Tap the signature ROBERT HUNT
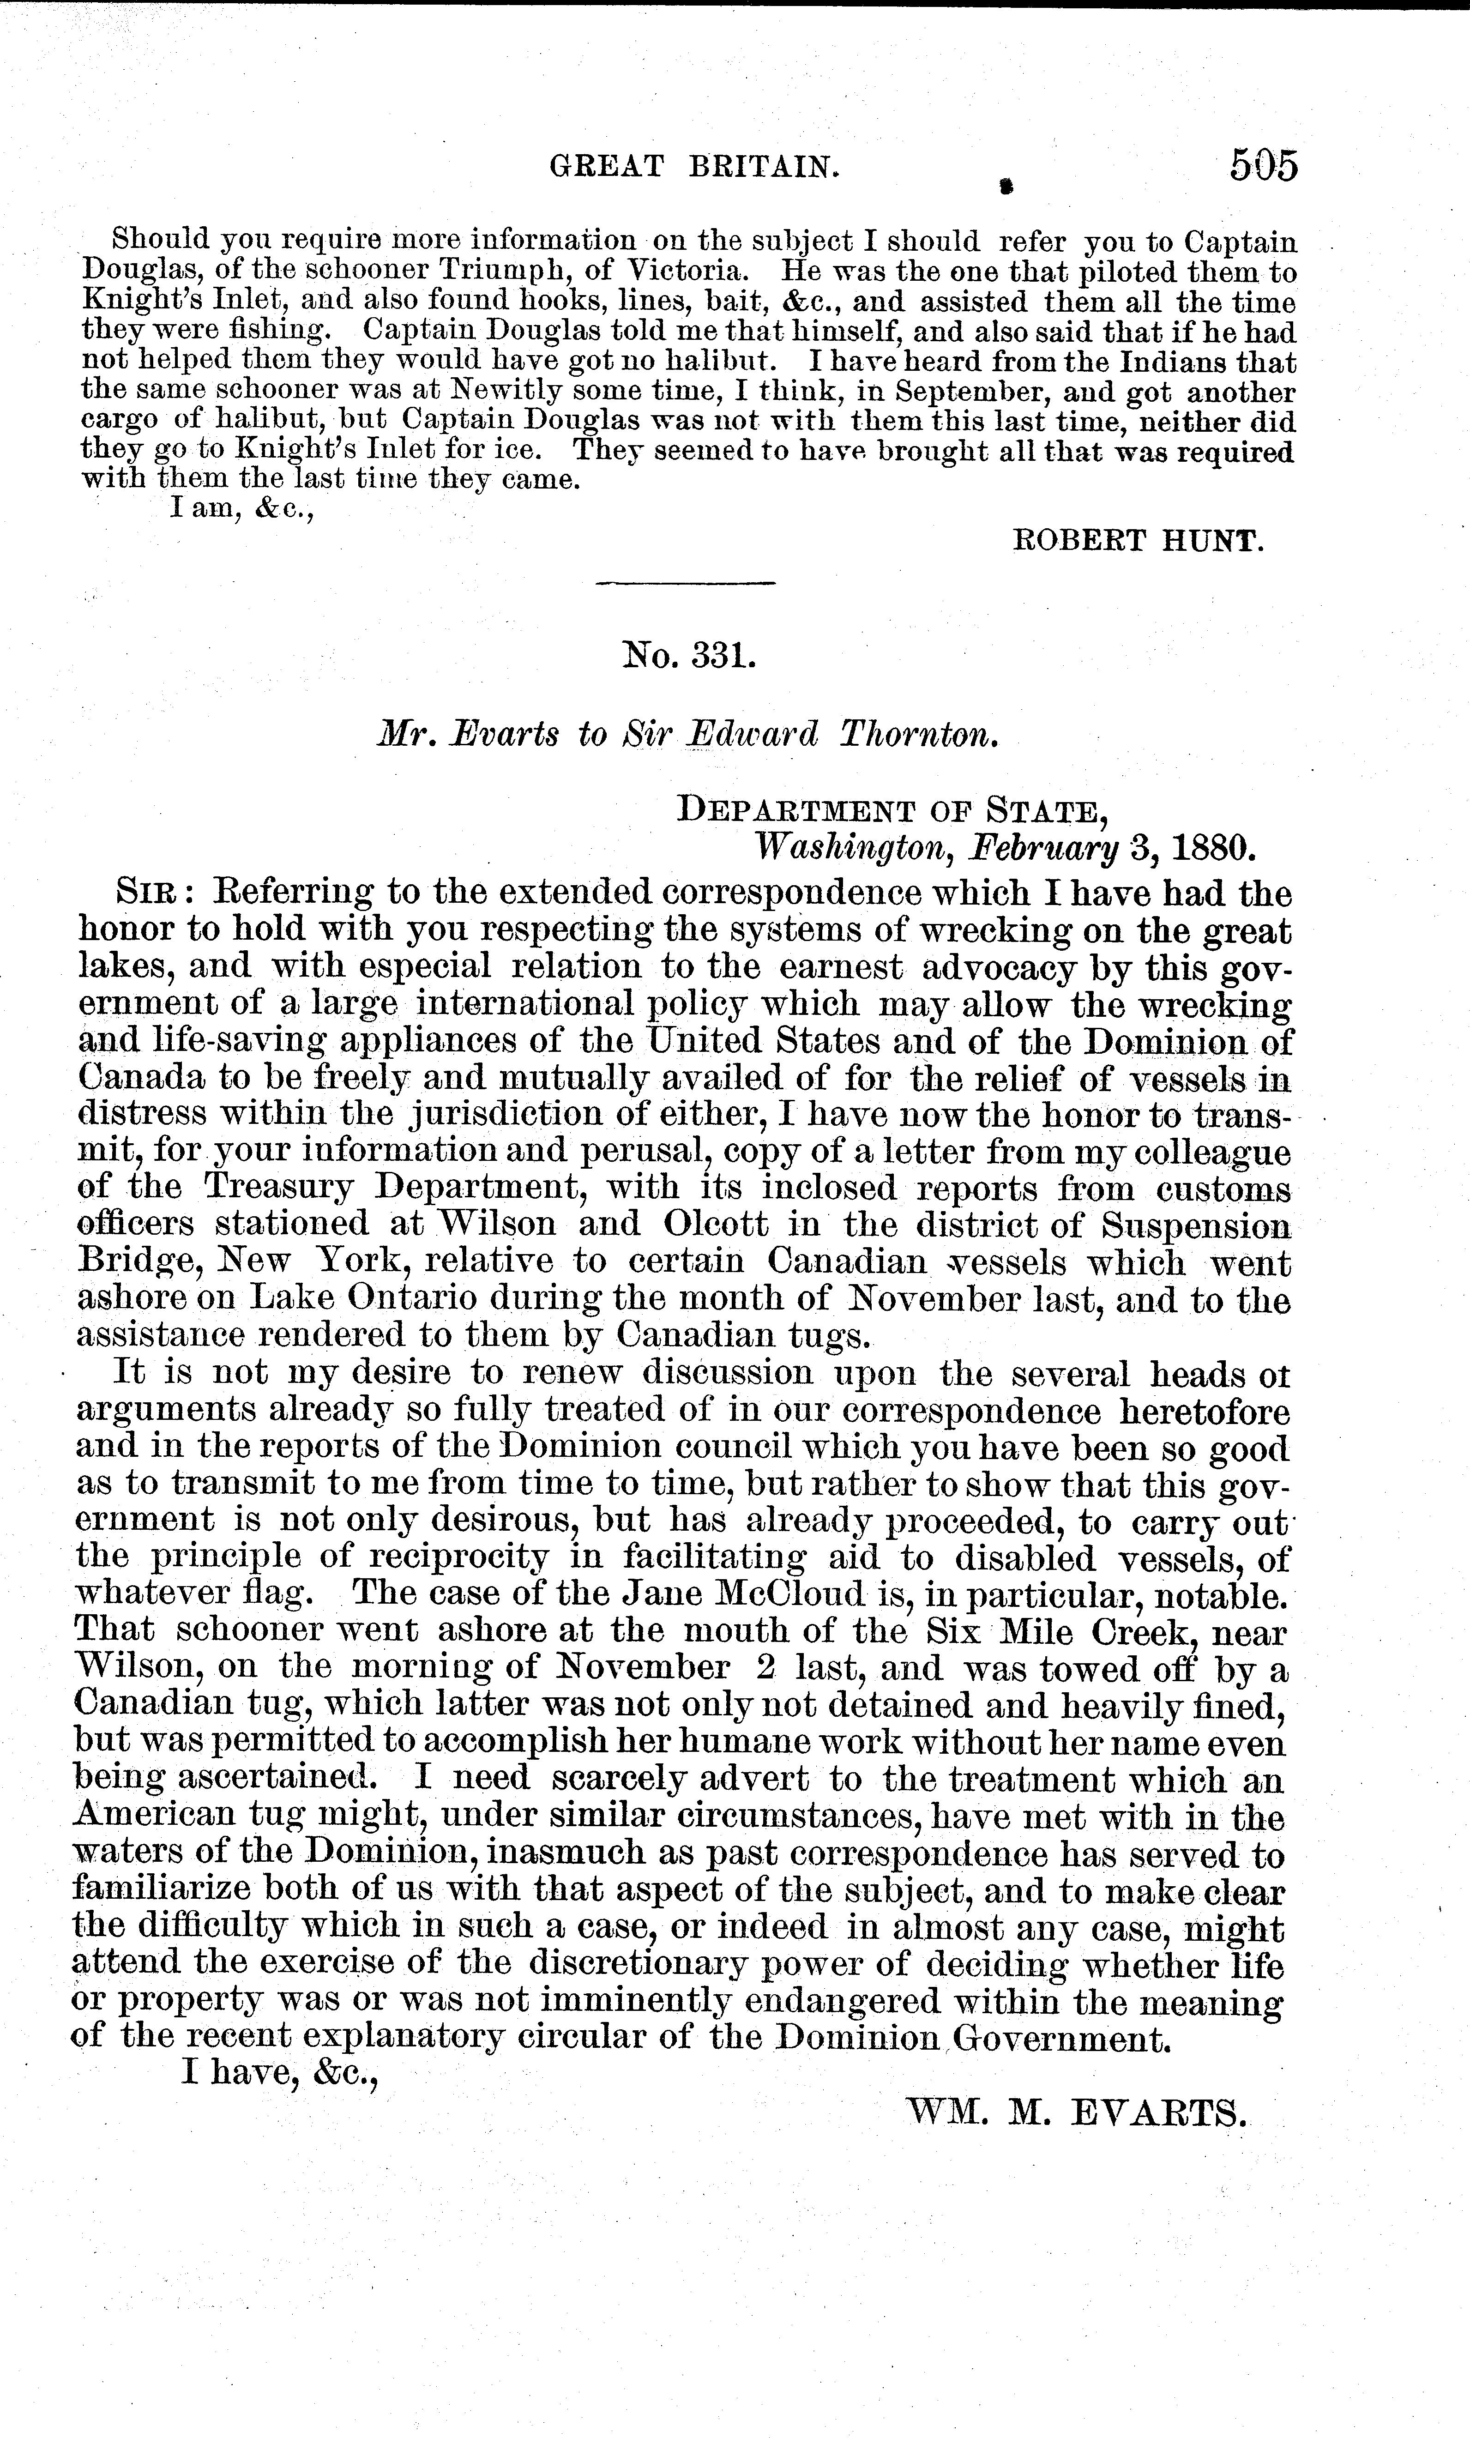click(x=1138, y=540)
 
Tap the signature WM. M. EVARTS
click(x=1076, y=2114)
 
